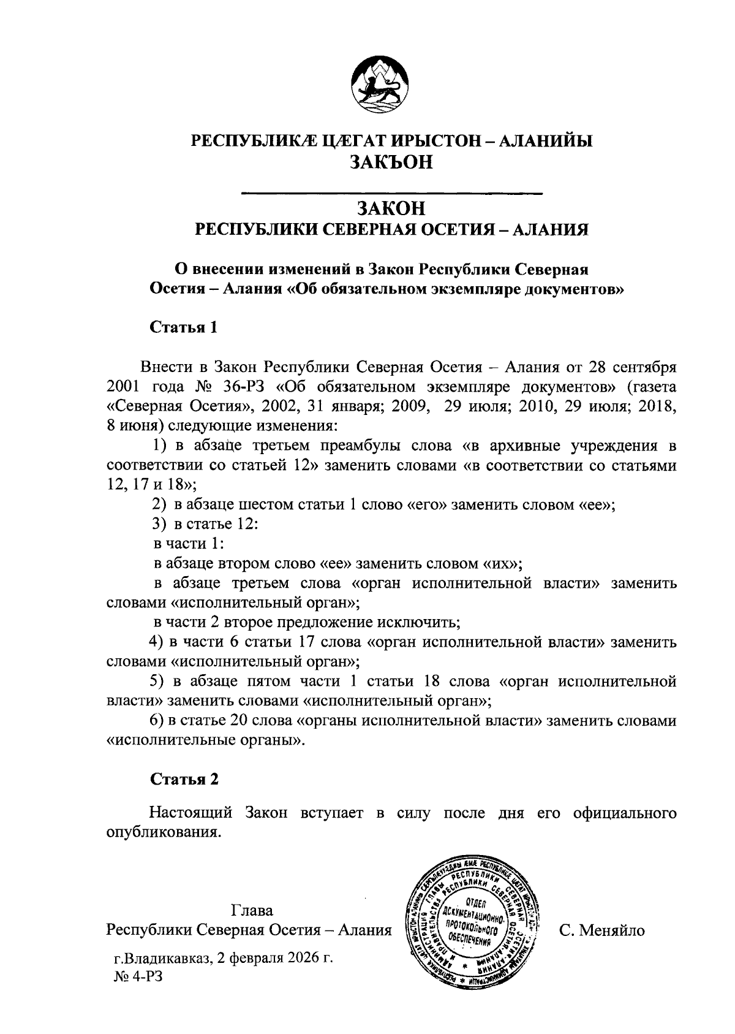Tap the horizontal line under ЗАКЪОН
coord(392,194)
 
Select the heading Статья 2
coord(184,779)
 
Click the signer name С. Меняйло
coord(602,930)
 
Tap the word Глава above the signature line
coord(252,909)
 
